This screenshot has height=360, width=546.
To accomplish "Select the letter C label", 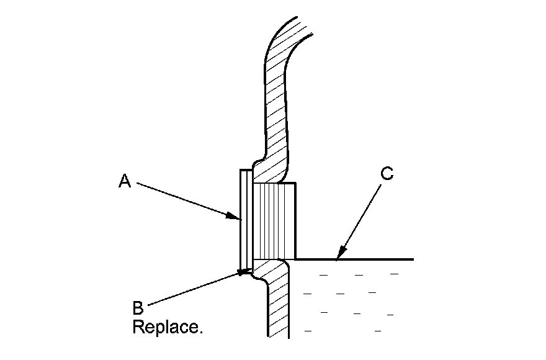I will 386,174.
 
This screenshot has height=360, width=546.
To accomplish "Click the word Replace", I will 168,327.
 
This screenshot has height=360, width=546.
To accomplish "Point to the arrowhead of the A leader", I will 238,218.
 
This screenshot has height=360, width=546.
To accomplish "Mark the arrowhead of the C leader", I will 336,257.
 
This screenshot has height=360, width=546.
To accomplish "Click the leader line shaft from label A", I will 186,200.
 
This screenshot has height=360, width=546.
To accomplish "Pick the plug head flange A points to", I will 244,217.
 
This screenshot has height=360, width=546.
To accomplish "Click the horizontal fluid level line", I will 372,259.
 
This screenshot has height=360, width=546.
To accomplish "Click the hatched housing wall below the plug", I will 279,304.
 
